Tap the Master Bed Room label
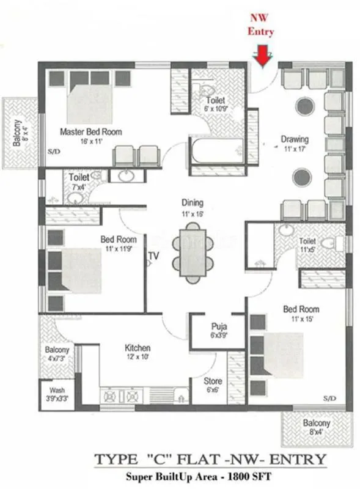click(90, 131)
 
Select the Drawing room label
click(295, 139)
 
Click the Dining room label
click(192, 203)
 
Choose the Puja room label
click(219, 326)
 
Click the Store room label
click(213, 381)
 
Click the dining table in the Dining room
click(193, 250)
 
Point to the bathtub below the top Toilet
click(218, 151)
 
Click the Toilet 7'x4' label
click(79, 177)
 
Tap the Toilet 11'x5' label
click(307, 241)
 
